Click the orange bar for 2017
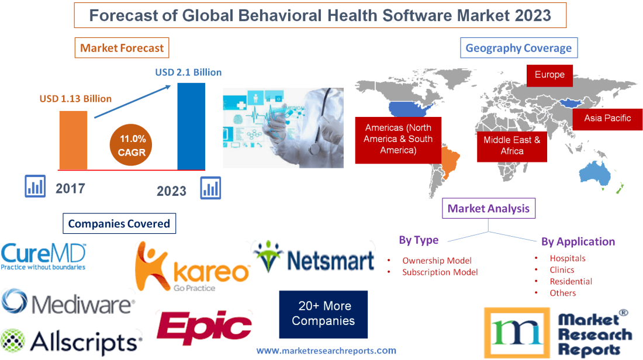tap(73, 140)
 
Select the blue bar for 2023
tap(191, 126)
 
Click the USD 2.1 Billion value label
tap(188, 72)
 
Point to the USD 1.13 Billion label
tap(75, 99)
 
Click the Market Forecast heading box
tap(122, 48)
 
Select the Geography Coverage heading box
tap(518, 48)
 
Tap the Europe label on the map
tap(549, 75)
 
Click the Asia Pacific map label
tap(607, 118)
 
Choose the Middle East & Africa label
tap(511, 146)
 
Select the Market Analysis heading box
tap(488, 208)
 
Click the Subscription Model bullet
tap(440, 272)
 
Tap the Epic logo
tap(204, 326)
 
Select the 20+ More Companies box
tap(323, 314)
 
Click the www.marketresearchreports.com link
tap(326, 351)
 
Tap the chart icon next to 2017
tap(35, 186)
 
